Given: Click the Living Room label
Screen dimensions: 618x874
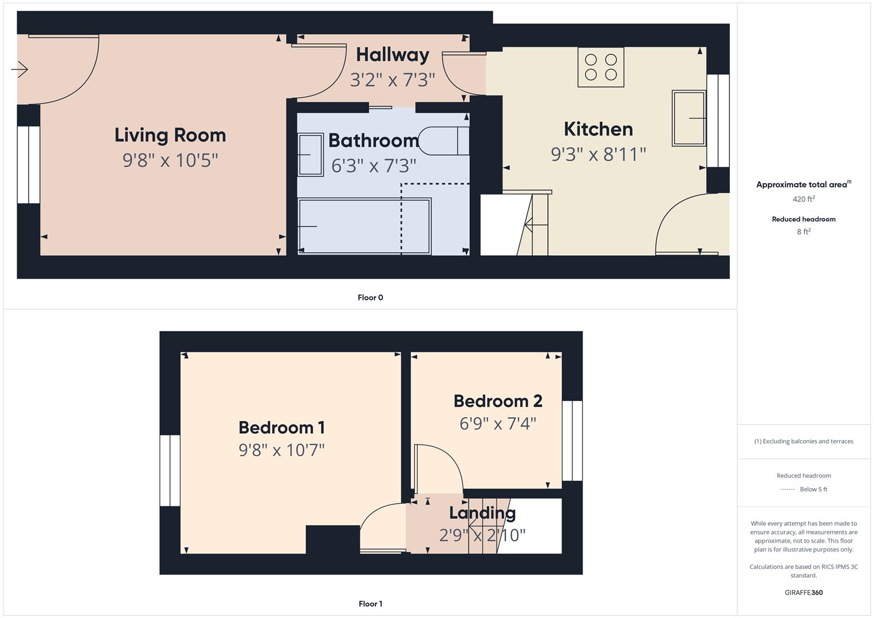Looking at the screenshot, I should [x=170, y=135].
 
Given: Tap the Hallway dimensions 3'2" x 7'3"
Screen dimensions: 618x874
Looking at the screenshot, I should [x=393, y=80].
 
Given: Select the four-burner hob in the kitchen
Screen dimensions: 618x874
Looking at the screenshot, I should [x=600, y=68].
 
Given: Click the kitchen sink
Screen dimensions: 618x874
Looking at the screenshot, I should [x=689, y=118].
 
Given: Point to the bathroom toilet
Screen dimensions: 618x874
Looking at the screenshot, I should [x=444, y=141].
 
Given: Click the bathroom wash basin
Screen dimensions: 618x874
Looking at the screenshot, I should [x=310, y=154].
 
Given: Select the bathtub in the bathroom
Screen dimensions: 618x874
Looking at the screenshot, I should [x=364, y=226].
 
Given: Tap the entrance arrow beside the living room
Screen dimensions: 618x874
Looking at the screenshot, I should [x=19, y=70].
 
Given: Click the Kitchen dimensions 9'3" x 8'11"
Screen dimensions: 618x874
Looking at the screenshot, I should [x=598, y=154].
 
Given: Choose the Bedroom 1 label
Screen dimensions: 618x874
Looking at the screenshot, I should [x=282, y=427].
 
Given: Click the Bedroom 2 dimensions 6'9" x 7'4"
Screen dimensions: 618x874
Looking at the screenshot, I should [x=498, y=423].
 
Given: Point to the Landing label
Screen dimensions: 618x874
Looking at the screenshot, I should [x=482, y=513].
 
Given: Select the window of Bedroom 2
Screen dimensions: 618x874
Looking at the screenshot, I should [x=572, y=441].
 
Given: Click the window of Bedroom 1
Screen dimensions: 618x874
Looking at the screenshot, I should [x=170, y=470].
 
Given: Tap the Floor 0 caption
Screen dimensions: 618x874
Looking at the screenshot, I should [x=370, y=298].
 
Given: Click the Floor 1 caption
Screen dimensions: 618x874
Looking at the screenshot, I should [x=370, y=604].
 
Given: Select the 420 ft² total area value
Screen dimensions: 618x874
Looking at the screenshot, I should [x=804, y=199].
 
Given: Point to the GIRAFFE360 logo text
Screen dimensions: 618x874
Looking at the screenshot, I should [x=804, y=592].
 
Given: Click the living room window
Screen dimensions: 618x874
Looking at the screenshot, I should [x=29, y=165].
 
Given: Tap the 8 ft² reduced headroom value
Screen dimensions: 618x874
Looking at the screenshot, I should [x=804, y=232].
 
